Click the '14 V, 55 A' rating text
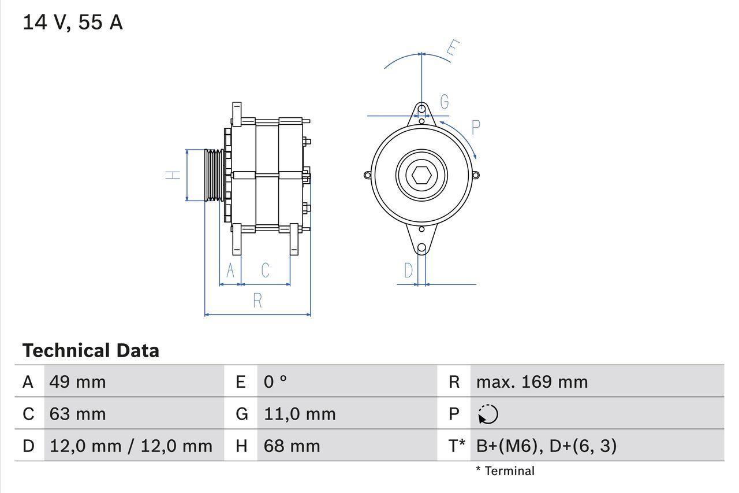pyautogui.click(x=73, y=23)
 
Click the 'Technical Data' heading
pyautogui.click(x=91, y=350)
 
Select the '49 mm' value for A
pyautogui.click(x=77, y=381)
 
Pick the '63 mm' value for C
pyautogui.click(x=77, y=414)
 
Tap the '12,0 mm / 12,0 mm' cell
pyautogui.click(x=131, y=446)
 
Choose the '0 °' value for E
pyautogui.click(x=275, y=381)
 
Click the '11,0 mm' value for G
pyautogui.click(x=300, y=414)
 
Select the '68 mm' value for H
pyautogui.click(x=292, y=446)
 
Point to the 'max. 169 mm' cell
pyautogui.click(x=532, y=381)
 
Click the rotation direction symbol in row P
pyautogui.click(x=488, y=414)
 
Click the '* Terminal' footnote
pyautogui.click(x=505, y=471)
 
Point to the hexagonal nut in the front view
pyautogui.click(x=421, y=175)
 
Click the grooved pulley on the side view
pyautogui.click(x=214, y=175)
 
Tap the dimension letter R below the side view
pyautogui.click(x=257, y=301)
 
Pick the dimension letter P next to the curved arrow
pyautogui.click(x=476, y=127)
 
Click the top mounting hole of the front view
pyautogui.click(x=422, y=109)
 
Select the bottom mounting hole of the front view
pyautogui.click(x=421, y=247)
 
